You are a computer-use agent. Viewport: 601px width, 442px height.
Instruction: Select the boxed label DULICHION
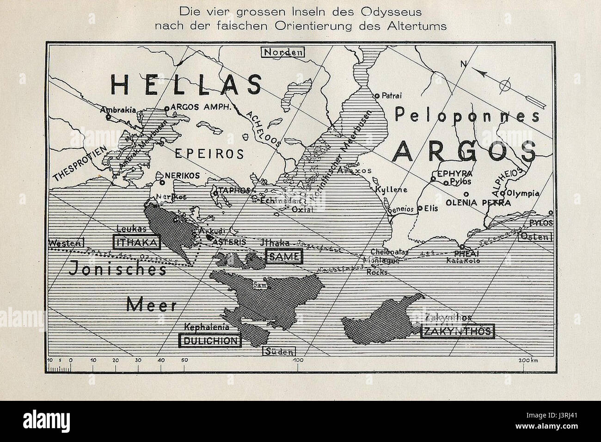[x=210, y=341]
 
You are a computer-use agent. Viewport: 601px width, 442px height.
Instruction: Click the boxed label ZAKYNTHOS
[x=457, y=331]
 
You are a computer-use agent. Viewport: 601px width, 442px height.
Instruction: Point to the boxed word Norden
[x=283, y=52]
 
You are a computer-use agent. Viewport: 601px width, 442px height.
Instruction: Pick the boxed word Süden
[x=278, y=352]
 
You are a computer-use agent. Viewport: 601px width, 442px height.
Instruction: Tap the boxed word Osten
[x=535, y=237]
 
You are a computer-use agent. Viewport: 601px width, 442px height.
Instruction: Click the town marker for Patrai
[x=377, y=96]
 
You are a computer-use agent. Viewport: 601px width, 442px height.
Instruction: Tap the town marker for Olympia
[x=504, y=193]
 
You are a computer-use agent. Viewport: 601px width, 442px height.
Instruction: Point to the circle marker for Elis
[x=420, y=209]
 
